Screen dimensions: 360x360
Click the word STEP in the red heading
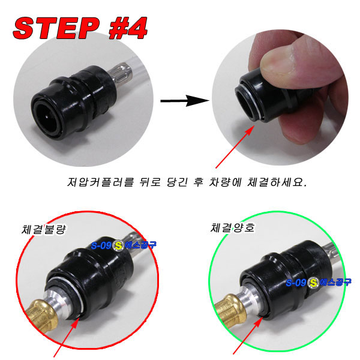point(56,28)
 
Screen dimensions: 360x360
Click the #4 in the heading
point(128,28)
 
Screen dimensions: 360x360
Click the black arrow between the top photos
point(185,101)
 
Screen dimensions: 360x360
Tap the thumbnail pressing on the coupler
point(278,59)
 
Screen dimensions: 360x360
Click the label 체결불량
point(44,229)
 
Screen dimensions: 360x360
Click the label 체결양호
point(232,228)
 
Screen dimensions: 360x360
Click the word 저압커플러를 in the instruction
point(100,182)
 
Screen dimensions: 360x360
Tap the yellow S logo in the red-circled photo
point(118,245)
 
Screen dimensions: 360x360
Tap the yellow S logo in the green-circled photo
point(313,283)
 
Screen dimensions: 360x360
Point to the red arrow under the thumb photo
point(235,147)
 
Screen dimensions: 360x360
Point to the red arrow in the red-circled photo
point(67,337)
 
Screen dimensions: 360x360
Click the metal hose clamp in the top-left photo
point(121,73)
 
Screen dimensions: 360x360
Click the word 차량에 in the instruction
point(225,182)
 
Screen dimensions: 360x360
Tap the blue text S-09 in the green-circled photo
point(296,283)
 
